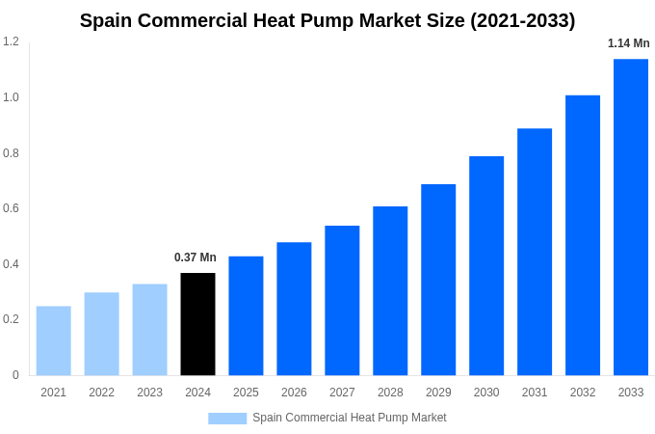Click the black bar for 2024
197,324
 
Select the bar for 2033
631,217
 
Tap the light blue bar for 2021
53,340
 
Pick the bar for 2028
390,290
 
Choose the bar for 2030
486,265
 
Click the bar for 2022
101,334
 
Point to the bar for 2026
294,309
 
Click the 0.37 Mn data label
196,258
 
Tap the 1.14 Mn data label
628,43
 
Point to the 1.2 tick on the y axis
11,41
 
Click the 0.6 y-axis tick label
11,208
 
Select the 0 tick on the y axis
15,375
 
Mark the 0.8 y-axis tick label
11,153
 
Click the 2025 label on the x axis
246,393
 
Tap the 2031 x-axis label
535,393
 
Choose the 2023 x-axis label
149,393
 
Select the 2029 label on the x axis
438,393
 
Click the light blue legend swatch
227,419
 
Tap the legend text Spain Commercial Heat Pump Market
349,418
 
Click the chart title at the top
327,20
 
